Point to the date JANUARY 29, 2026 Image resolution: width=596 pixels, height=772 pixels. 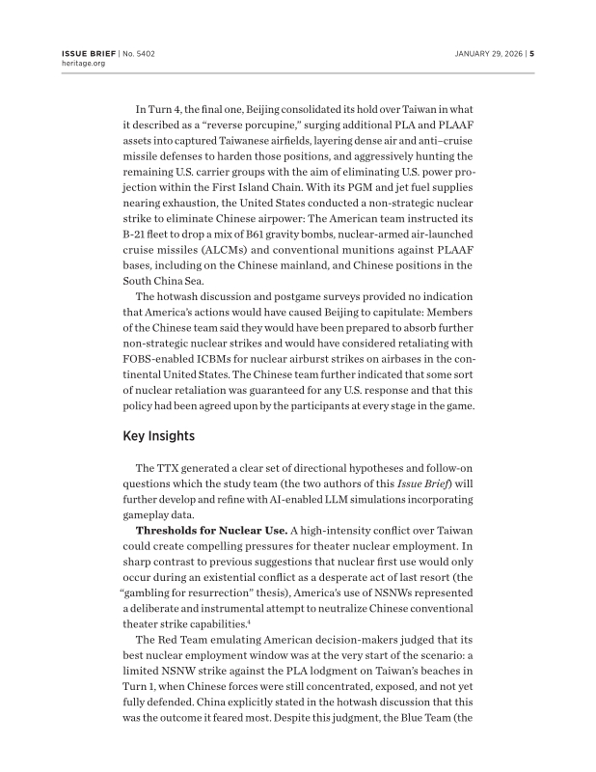[x=488, y=53]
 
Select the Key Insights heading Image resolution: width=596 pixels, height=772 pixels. [x=159, y=436]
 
